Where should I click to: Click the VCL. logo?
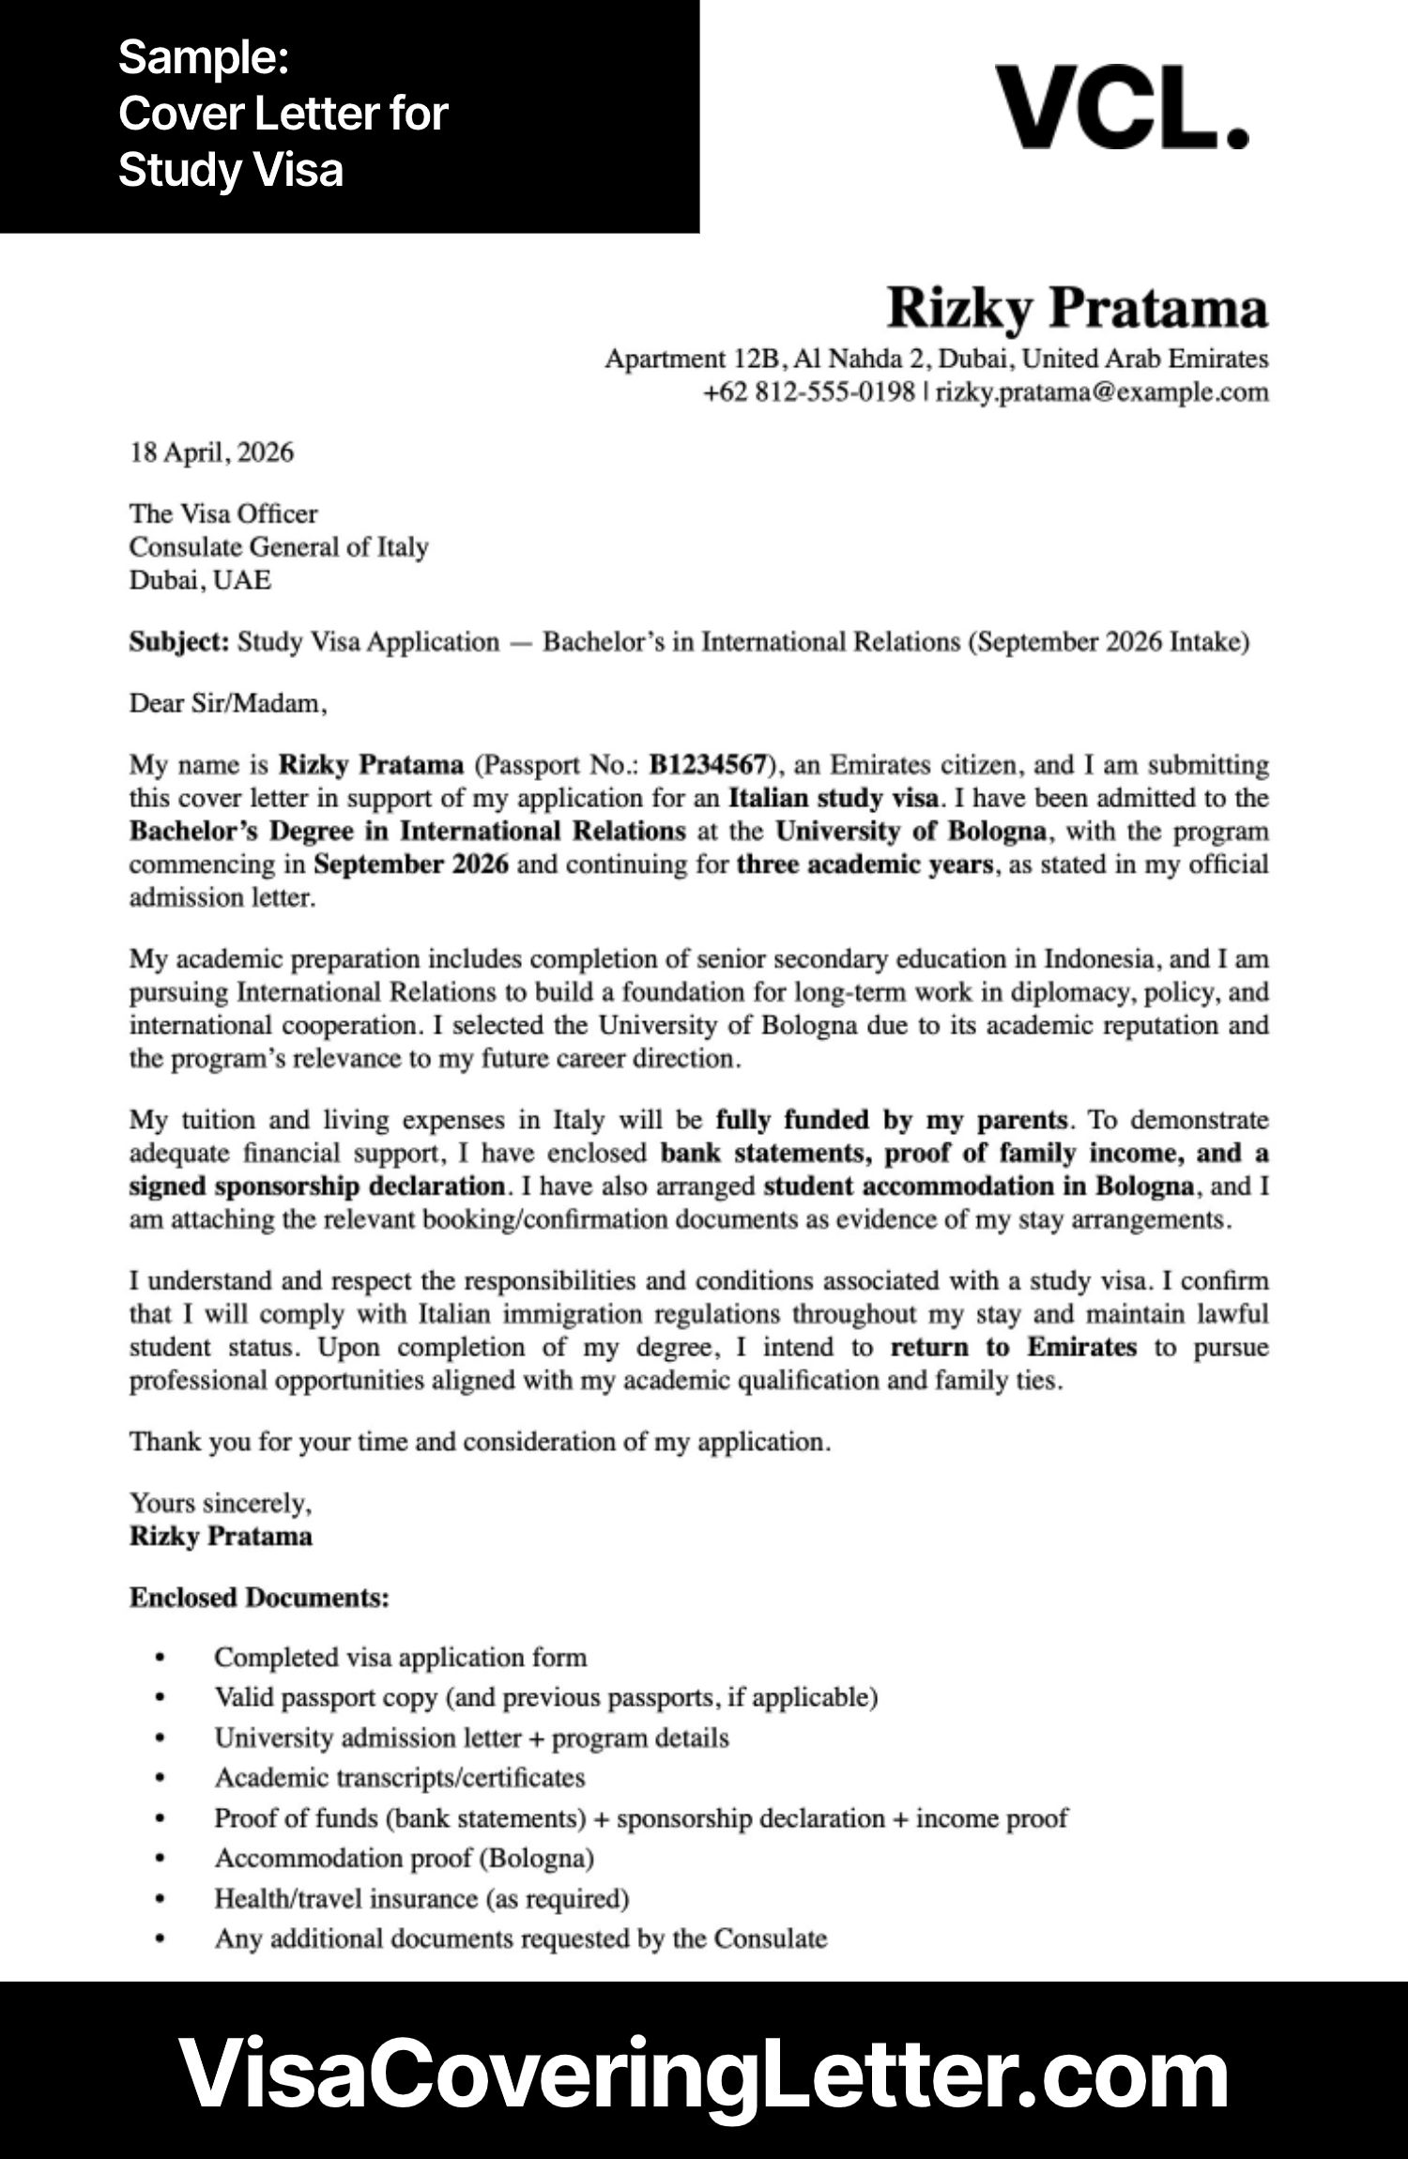click(x=1121, y=107)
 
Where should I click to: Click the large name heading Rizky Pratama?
click(x=1077, y=308)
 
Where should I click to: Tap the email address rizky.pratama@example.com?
click(x=1102, y=391)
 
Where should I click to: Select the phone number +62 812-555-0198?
click(x=808, y=391)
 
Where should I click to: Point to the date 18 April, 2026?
click(x=211, y=452)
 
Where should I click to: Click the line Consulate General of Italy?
click(x=279, y=546)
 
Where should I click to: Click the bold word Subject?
click(x=178, y=642)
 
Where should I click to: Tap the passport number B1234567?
click(x=707, y=765)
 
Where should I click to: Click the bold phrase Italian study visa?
click(x=833, y=798)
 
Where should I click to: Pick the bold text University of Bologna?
click(x=910, y=831)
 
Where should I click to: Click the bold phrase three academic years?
click(x=865, y=864)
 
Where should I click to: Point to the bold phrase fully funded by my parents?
click(x=891, y=1119)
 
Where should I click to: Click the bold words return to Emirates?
click(x=1012, y=1347)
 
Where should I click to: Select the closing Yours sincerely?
click(x=220, y=1503)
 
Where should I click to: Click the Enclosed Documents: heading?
click(x=259, y=1598)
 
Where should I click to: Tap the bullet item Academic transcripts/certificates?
click(x=399, y=1777)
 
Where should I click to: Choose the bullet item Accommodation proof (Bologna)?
click(x=404, y=1858)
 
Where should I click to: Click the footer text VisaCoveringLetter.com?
click(x=703, y=2074)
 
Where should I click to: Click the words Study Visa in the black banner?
click(x=231, y=170)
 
